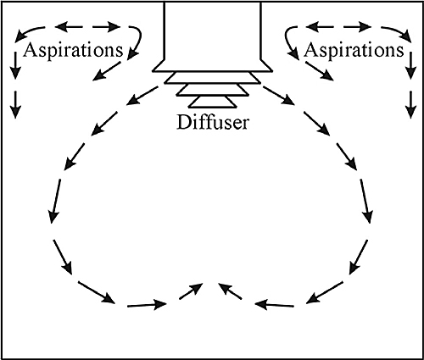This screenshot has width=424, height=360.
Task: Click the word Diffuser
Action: (213, 123)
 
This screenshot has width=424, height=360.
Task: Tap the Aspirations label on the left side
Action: (73, 51)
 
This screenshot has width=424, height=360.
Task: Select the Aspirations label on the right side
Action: (354, 51)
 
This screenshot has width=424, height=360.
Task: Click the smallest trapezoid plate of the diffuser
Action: (213, 102)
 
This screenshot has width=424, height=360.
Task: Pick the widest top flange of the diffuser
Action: (213, 66)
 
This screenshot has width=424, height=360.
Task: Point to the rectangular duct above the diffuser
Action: (213, 30)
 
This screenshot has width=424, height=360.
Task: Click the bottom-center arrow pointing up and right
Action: (191, 291)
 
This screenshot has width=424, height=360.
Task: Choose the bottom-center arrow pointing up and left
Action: (230, 291)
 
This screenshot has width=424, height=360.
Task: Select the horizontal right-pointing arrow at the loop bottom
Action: (148, 305)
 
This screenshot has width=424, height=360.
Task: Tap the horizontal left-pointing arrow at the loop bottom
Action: (274, 305)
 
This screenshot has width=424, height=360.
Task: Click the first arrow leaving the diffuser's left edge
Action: (142, 96)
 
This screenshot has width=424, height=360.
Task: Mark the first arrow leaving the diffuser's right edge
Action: (279, 96)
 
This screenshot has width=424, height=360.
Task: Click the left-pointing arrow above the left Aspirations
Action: (69, 27)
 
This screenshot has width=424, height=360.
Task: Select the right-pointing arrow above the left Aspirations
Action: (107, 27)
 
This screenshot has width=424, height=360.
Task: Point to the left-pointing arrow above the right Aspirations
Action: (320, 27)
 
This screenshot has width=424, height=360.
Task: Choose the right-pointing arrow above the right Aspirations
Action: (357, 27)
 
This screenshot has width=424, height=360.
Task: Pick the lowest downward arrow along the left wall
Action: (15, 104)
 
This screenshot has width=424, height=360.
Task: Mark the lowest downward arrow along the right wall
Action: (411, 104)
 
